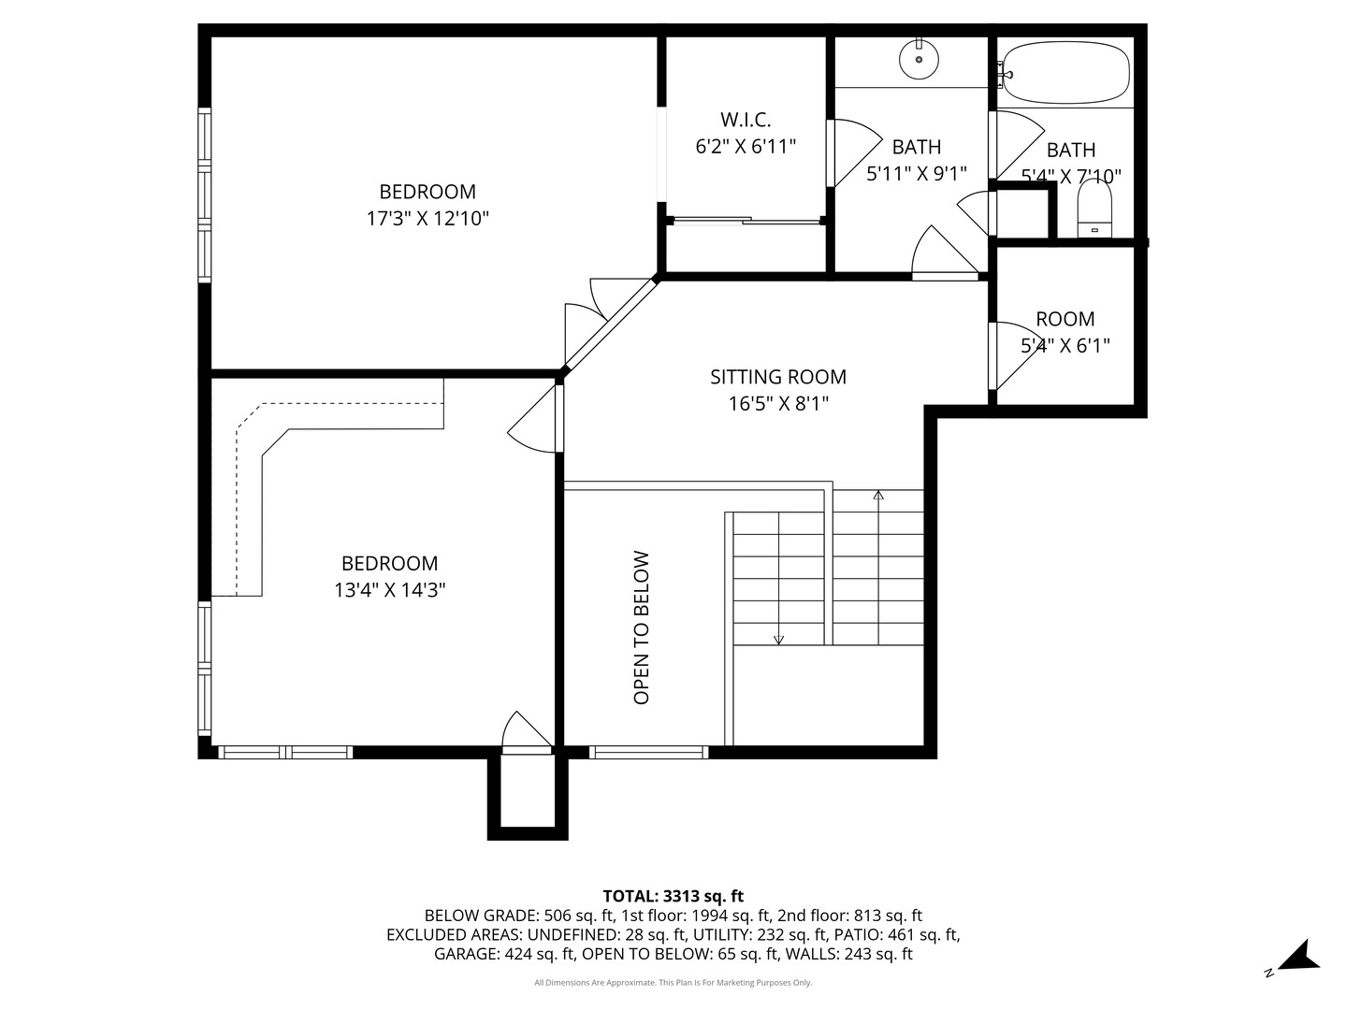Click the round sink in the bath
pyautogui.click(x=919, y=59)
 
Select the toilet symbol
pyautogui.click(x=1094, y=209)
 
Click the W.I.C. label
pyautogui.click(x=746, y=119)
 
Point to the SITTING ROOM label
pyautogui.click(x=778, y=377)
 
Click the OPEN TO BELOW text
pyautogui.click(x=641, y=628)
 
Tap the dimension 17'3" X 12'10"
pyautogui.click(x=427, y=218)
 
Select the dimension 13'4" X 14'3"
pyautogui.click(x=390, y=590)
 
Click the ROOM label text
pyautogui.click(x=1065, y=319)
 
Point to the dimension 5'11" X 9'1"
pyautogui.click(x=916, y=174)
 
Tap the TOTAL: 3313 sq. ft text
pyautogui.click(x=673, y=896)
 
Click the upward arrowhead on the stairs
pyautogui.click(x=878, y=495)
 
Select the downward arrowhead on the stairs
pyautogui.click(x=779, y=640)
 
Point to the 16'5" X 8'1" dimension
pyautogui.click(x=778, y=403)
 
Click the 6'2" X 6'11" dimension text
pyautogui.click(x=746, y=147)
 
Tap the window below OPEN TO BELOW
pyautogui.click(x=648, y=752)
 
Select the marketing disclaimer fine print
pyautogui.click(x=673, y=982)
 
